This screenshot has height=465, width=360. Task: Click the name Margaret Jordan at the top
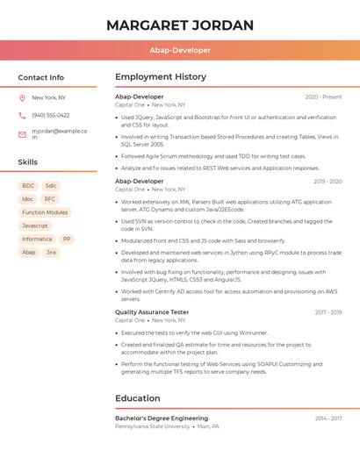pyautogui.click(x=179, y=25)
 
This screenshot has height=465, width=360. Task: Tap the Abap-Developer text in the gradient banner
pyautogui.click(x=179, y=51)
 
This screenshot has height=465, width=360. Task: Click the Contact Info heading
pyautogui.click(x=41, y=77)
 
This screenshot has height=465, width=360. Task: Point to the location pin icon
pyautogui.click(x=22, y=98)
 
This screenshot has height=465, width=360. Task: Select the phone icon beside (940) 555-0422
pyautogui.click(x=22, y=115)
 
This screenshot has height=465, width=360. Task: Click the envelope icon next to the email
pyautogui.click(x=22, y=134)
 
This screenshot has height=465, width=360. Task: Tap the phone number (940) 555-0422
pyautogui.click(x=51, y=115)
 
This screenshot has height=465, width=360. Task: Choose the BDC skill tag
pyautogui.click(x=28, y=186)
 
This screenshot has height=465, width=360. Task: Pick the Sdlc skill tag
pyautogui.click(x=51, y=186)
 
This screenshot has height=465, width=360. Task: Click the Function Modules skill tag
pyautogui.click(x=45, y=212)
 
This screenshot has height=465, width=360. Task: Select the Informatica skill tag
pyautogui.click(x=37, y=239)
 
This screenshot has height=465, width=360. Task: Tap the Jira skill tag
pyautogui.click(x=51, y=252)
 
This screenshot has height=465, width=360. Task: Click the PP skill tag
pyautogui.click(x=67, y=239)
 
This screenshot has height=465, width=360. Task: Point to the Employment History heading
pyautogui.click(x=161, y=77)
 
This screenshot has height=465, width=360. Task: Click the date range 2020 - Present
pyautogui.click(x=323, y=97)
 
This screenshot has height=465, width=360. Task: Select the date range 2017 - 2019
pyautogui.click(x=328, y=312)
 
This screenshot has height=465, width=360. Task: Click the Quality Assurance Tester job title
pyautogui.click(x=152, y=312)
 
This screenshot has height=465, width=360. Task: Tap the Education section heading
pyautogui.click(x=138, y=398)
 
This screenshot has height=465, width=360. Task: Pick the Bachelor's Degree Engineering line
pyautogui.click(x=162, y=418)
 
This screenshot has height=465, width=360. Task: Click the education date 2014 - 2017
pyautogui.click(x=328, y=418)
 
